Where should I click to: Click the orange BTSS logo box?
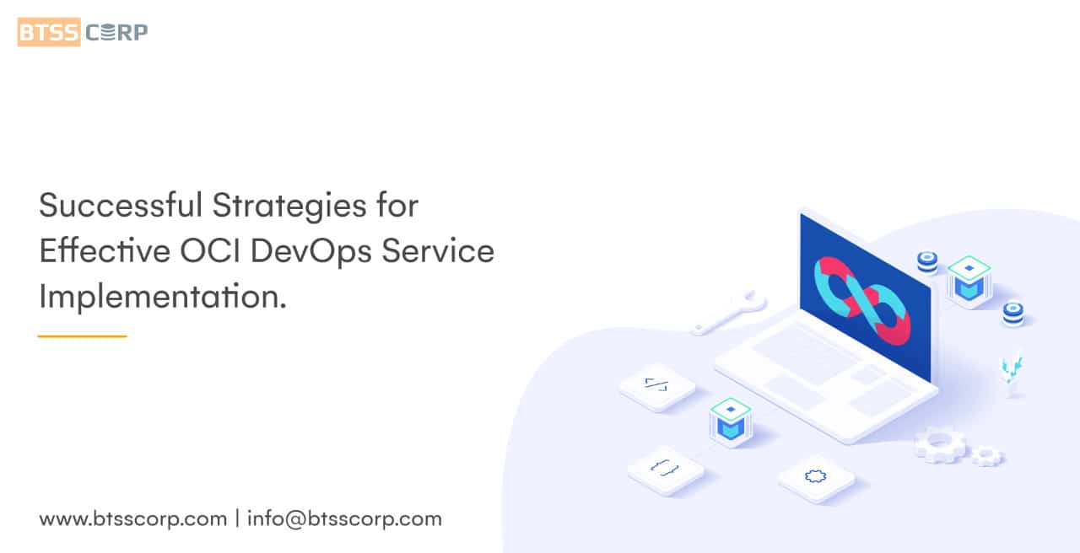click(49, 32)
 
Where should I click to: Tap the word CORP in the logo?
click(116, 32)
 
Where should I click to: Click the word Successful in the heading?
click(121, 206)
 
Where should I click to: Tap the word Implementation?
click(163, 296)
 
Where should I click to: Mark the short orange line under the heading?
click(82, 336)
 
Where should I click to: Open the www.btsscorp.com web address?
click(132, 518)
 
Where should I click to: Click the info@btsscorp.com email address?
click(344, 518)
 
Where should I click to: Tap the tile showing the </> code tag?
click(656, 385)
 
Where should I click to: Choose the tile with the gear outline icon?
click(816, 477)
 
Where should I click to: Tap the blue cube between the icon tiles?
click(731, 421)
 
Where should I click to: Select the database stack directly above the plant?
click(1012, 314)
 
